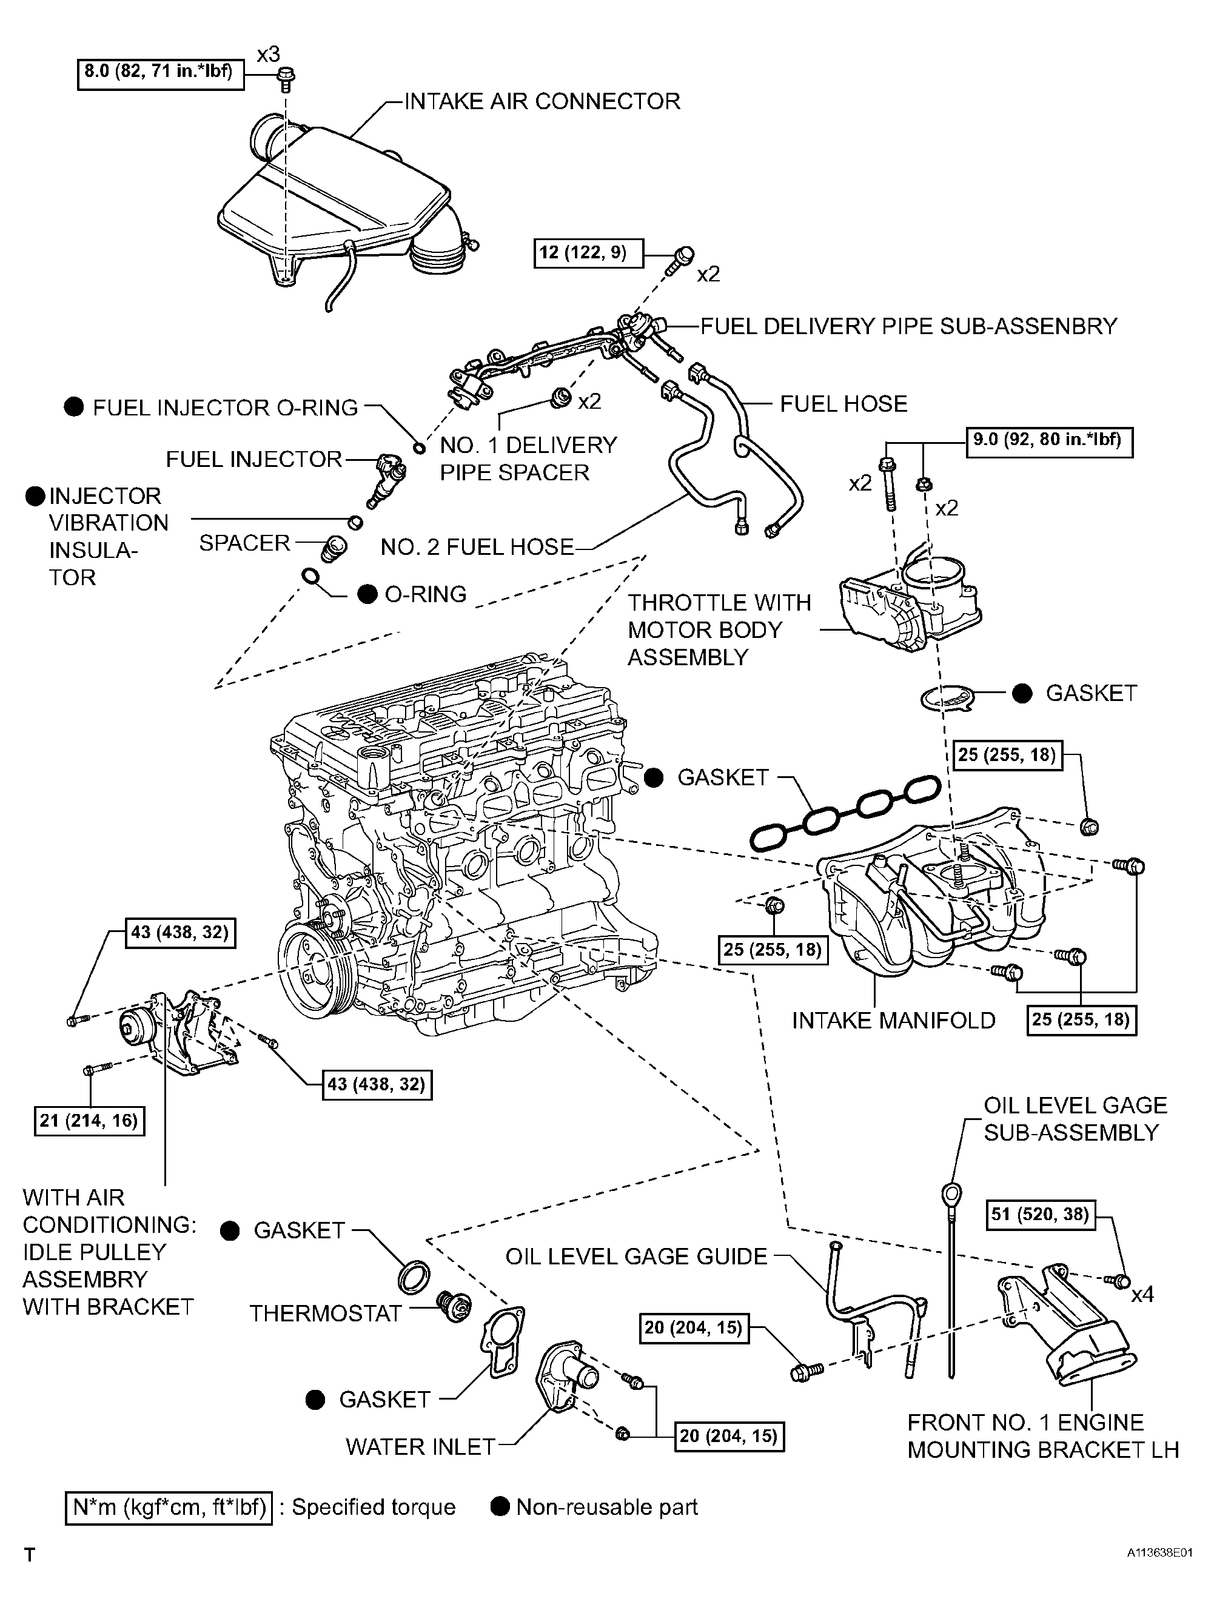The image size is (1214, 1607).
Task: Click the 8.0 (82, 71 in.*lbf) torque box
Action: point(161,74)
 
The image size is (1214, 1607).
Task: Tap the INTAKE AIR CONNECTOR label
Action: point(542,101)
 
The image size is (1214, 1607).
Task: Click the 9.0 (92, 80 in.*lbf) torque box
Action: point(1049,441)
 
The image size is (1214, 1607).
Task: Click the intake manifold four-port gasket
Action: point(845,811)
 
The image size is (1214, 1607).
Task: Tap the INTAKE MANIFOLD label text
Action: point(893,1021)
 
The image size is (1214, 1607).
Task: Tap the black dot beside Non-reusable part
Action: point(500,1507)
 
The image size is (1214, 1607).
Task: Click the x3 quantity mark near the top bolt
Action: point(268,54)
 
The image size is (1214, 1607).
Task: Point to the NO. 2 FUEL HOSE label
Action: point(477,546)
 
